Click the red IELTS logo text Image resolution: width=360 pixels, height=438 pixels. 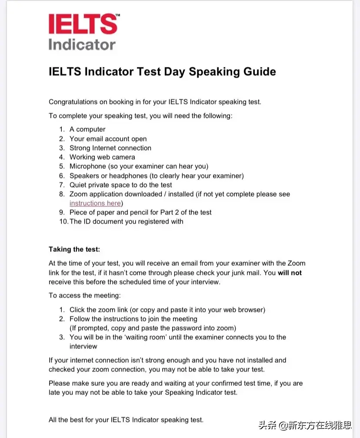[82, 24]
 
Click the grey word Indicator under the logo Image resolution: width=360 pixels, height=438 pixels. [82, 44]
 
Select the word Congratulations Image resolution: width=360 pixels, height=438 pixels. [73, 102]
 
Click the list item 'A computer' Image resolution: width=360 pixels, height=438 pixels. [87, 129]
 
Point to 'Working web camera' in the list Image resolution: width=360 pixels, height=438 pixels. [102, 157]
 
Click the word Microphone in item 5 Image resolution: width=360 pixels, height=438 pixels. [87, 166]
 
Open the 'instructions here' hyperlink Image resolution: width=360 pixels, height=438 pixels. [95, 203]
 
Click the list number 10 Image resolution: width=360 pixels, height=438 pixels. [63, 221]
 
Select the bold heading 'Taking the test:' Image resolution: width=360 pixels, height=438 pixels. [74, 249]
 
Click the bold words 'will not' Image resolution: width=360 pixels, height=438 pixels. [290, 273]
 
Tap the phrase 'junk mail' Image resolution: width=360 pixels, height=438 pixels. [246, 273]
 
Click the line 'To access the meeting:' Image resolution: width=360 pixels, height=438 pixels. [84, 296]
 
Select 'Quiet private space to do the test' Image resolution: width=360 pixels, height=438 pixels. [121, 185]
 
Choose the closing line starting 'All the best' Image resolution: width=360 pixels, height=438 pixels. [126, 420]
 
